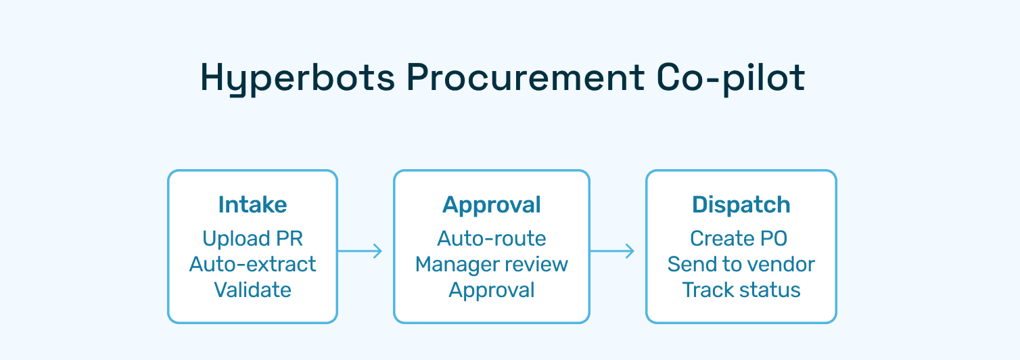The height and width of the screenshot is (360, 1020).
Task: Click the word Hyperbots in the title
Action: [298, 78]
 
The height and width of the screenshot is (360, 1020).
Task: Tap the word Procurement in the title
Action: [525, 78]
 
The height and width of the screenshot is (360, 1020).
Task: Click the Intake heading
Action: [252, 204]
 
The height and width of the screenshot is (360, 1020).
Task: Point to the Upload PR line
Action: [252, 238]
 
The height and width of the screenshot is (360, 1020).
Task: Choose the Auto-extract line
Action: [252, 264]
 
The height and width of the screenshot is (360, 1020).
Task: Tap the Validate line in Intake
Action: [252, 290]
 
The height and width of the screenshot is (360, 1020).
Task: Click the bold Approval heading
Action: [492, 204]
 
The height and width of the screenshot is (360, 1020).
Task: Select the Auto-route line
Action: [492, 238]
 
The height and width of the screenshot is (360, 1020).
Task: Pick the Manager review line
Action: [492, 264]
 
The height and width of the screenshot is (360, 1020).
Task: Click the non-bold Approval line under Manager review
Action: [492, 290]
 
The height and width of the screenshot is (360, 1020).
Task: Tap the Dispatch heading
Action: [741, 204]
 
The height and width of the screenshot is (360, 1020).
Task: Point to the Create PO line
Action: [739, 238]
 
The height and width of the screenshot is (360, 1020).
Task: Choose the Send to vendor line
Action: [741, 264]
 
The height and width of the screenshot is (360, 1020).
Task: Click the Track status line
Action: [741, 290]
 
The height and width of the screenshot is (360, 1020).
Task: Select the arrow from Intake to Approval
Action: [360, 251]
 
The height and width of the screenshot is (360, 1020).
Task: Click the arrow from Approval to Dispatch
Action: [612, 251]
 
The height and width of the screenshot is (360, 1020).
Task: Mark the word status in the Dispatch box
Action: [771, 290]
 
